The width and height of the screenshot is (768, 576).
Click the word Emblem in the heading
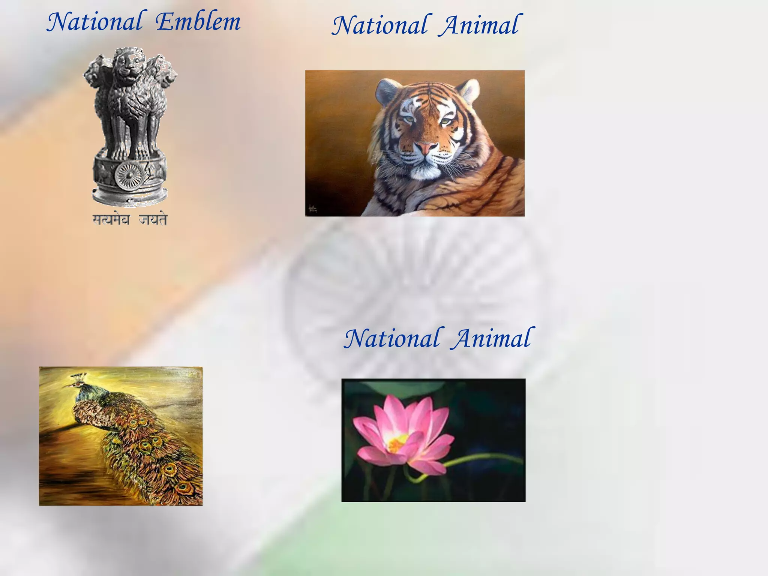(x=198, y=22)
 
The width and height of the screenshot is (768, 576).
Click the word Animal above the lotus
(x=493, y=339)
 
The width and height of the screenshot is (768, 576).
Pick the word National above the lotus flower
(x=392, y=339)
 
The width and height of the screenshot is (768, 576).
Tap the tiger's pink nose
(x=425, y=148)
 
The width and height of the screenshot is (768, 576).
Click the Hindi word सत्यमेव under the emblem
(x=111, y=219)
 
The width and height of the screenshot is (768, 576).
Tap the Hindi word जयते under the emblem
(x=153, y=219)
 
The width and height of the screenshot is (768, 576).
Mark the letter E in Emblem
(x=165, y=22)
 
